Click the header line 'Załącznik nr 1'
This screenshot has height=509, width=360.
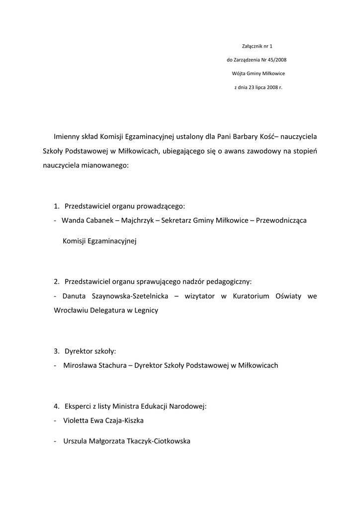click(x=258, y=46)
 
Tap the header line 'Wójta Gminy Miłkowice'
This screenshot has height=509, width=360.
click(x=258, y=74)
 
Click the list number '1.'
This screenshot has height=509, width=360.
click(x=57, y=206)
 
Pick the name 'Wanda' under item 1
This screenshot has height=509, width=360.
click(x=72, y=220)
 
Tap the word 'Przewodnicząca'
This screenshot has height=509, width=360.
click(x=281, y=220)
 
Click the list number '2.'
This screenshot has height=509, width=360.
click(x=57, y=281)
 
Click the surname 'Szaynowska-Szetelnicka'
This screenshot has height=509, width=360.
click(x=130, y=296)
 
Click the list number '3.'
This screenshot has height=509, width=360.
click(x=57, y=351)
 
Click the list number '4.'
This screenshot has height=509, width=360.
click(x=57, y=406)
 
